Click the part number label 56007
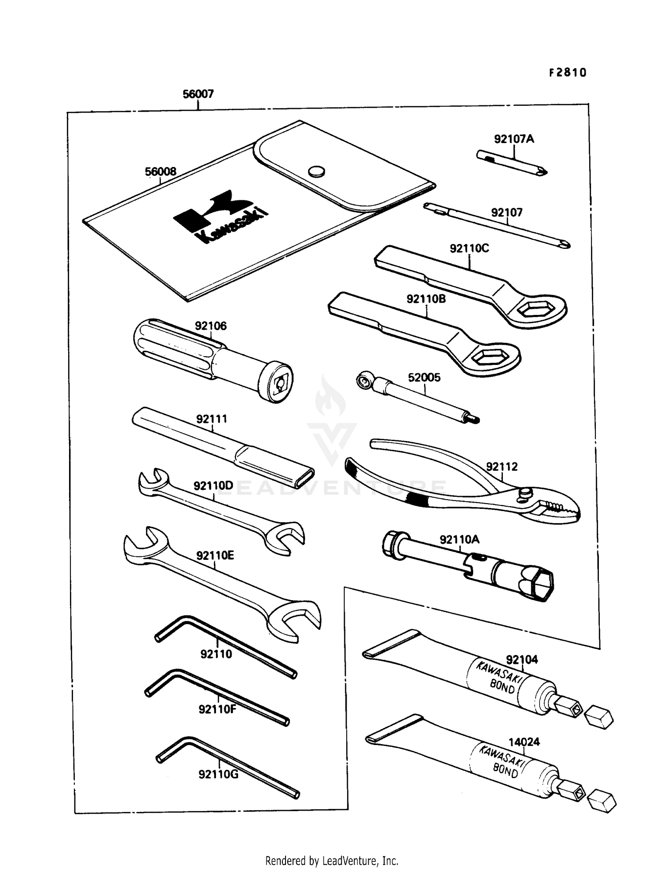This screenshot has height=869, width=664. click(198, 94)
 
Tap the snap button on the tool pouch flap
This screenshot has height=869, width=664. click(316, 171)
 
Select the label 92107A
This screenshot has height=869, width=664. click(514, 139)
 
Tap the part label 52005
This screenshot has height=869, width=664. click(424, 377)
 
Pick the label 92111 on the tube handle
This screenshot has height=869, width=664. click(212, 419)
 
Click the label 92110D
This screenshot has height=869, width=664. click(213, 485)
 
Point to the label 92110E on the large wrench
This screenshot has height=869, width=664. click(215, 555)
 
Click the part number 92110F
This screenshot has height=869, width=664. click(217, 709)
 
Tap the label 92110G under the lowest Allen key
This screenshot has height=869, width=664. click(218, 774)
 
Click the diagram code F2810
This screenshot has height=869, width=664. click(567, 73)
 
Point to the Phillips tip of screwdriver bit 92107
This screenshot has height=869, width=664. click(565, 244)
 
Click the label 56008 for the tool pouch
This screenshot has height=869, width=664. click(160, 171)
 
